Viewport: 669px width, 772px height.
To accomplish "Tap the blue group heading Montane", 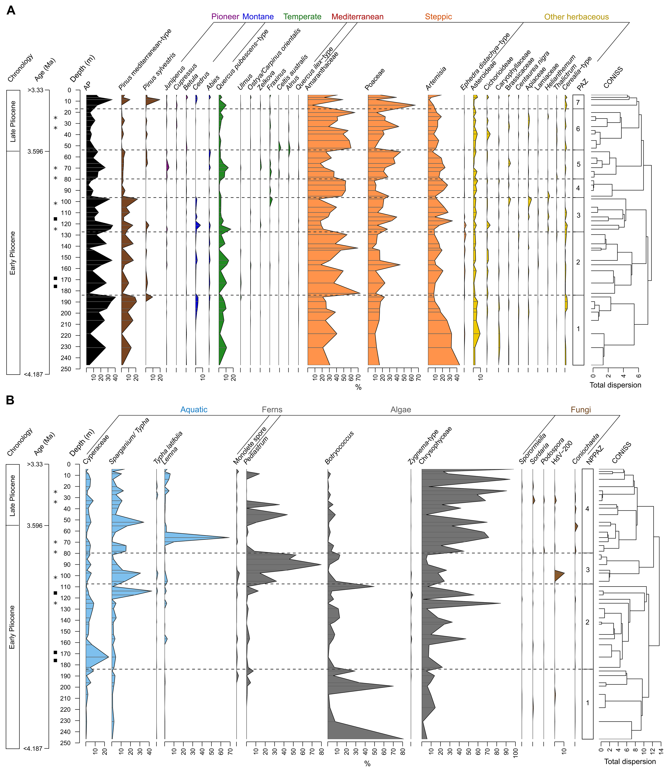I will (258, 17).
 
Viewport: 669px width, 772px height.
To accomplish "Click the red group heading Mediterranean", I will (357, 17).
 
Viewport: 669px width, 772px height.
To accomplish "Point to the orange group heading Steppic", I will (438, 17).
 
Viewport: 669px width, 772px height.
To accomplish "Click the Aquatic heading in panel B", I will (194, 410).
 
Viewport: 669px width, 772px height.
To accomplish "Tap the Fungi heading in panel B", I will (581, 410).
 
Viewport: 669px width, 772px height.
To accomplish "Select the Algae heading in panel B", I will (401, 410).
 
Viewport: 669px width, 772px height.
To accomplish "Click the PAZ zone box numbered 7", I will (578, 102).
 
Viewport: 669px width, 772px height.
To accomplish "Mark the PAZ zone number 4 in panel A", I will (578, 188).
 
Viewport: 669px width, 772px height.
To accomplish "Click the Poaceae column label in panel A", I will (375, 80).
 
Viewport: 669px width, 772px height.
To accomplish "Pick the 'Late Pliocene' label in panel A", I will (13, 121).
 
